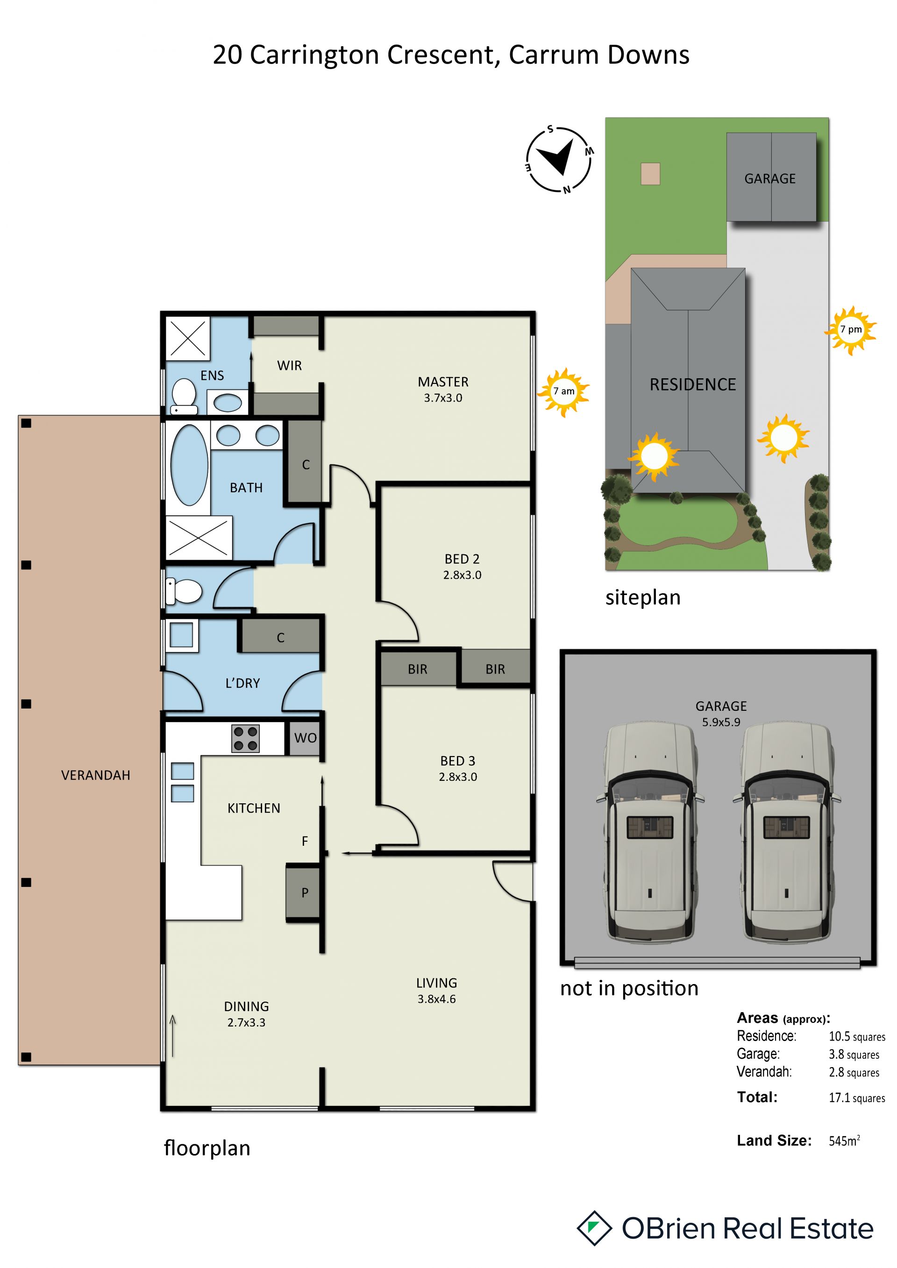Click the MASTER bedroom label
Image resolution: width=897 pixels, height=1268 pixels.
click(x=443, y=382)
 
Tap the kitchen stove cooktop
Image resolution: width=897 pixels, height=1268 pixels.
click(x=245, y=739)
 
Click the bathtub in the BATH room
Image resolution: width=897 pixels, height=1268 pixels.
click(x=190, y=464)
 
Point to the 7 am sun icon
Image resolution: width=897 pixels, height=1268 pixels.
click(x=563, y=391)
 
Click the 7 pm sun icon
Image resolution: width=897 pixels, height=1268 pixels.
click(x=851, y=330)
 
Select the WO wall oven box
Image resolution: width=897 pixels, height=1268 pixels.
click(x=304, y=738)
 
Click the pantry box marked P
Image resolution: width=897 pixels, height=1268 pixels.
click(x=303, y=893)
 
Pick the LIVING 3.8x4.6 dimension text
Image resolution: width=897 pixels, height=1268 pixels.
click(x=436, y=999)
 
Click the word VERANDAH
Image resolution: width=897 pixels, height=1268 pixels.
click(x=96, y=775)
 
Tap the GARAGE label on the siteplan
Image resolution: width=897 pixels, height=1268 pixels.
click(x=770, y=179)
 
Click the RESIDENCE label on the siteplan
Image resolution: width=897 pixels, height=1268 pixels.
click(x=693, y=384)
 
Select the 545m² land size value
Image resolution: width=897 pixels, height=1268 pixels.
click(x=844, y=1141)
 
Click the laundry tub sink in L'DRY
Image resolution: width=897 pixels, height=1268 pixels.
click(x=182, y=635)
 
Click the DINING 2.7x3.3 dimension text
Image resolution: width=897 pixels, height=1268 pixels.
click(x=246, y=1022)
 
